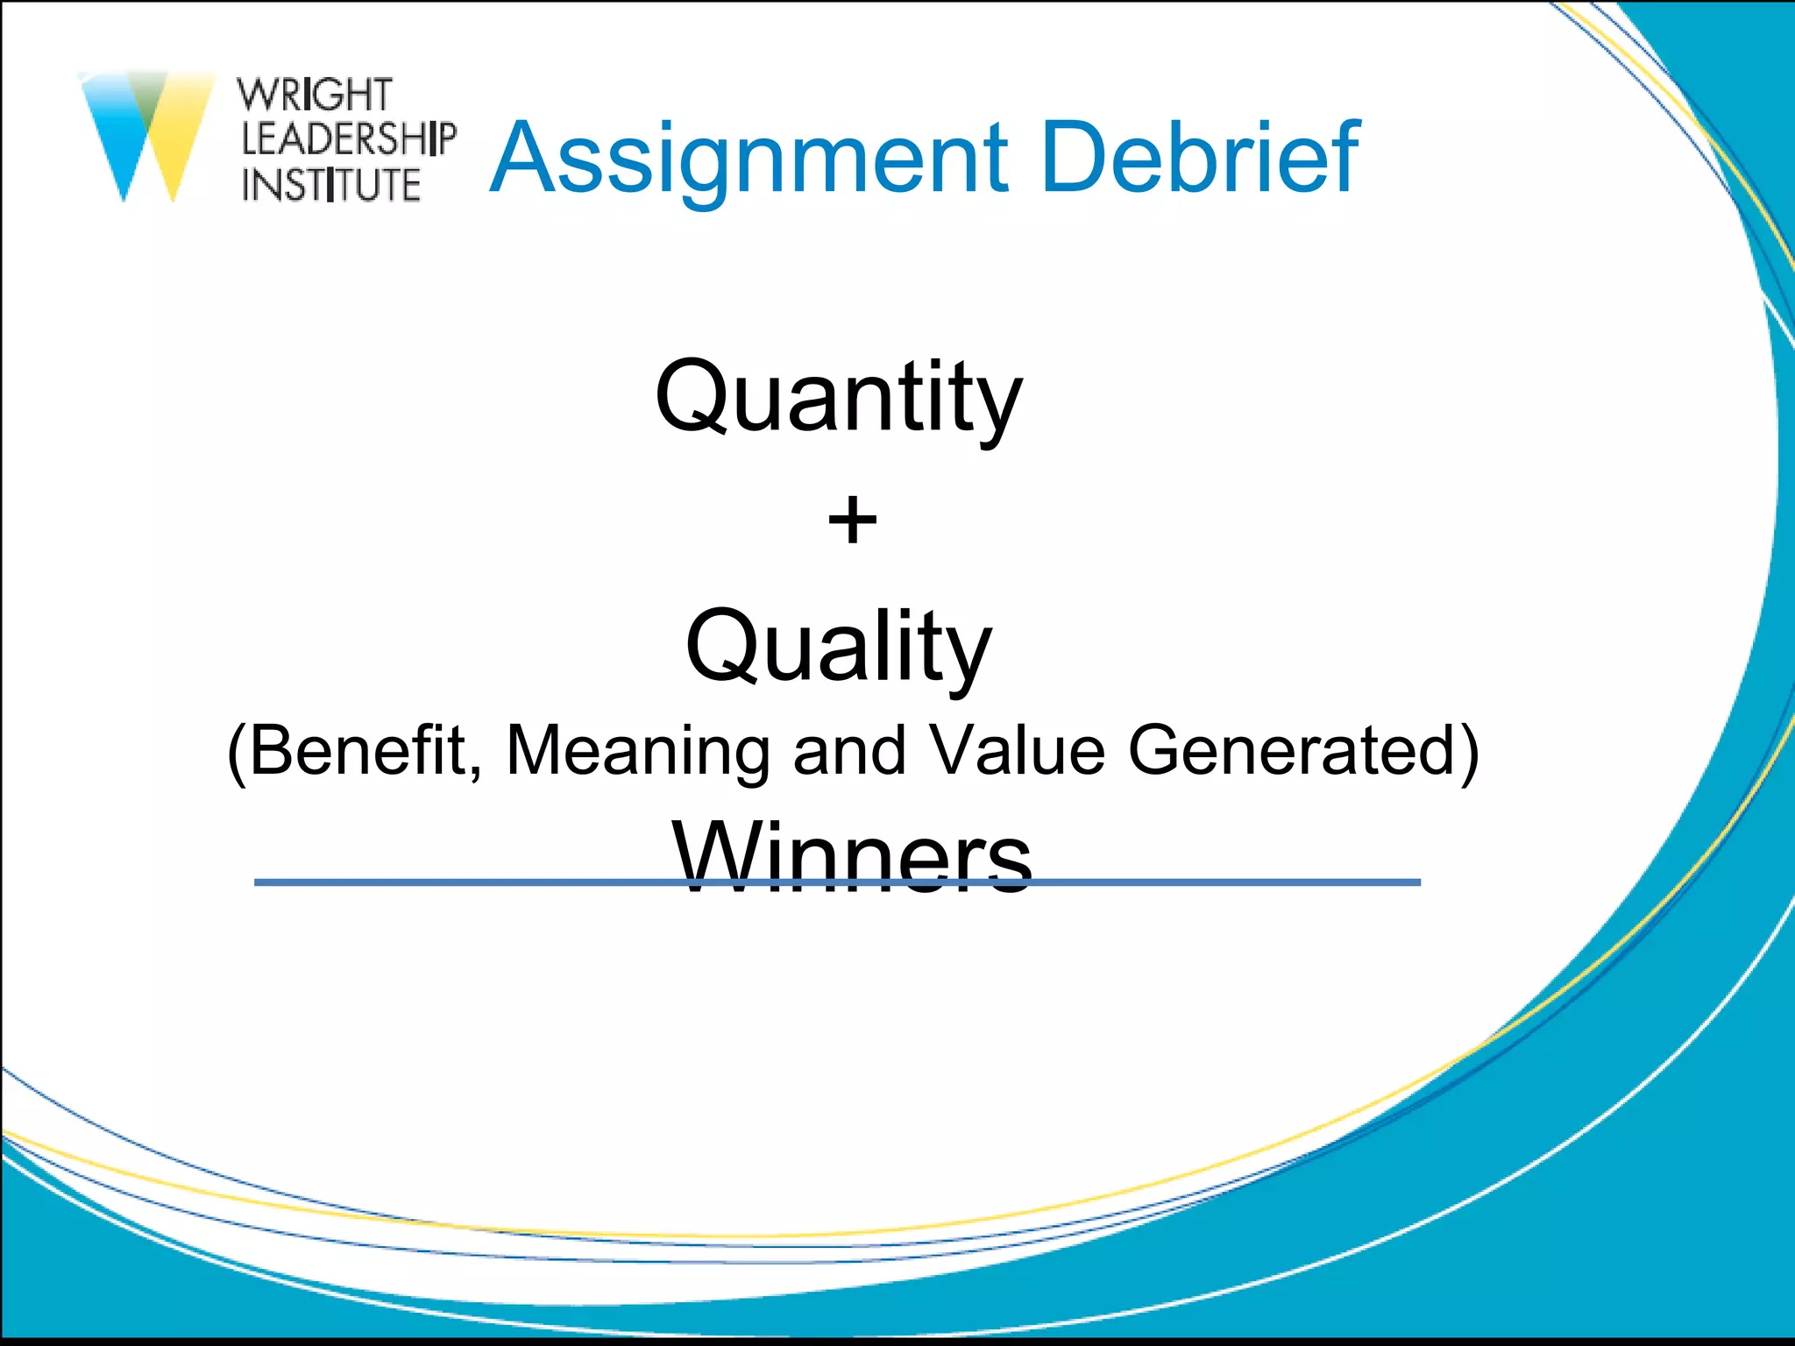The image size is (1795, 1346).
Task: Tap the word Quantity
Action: (x=839, y=399)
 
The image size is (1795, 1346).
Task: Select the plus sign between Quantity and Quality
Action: (x=852, y=521)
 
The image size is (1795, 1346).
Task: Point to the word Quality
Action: (x=839, y=648)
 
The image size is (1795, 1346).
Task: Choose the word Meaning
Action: (x=638, y=750)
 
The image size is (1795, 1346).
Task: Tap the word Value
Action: (x=1017, y=750)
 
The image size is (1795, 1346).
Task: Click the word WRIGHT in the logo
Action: (x=315, y=95)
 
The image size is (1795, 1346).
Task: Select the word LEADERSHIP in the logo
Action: (x=349, y=139)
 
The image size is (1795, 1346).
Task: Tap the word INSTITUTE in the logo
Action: (x=331, y=185)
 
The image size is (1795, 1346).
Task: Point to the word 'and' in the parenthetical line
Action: (x=848, y=750)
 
